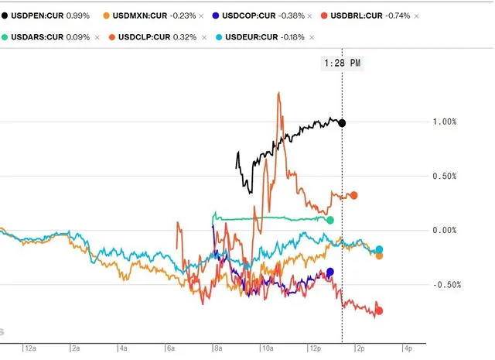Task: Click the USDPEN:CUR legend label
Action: pyautogui.click(x=43, y=15)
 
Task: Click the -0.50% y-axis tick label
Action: pyautogui.click(x=446, y=285)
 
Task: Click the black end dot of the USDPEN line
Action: pyautogui.click(x=343, y=123)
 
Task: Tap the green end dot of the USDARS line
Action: pyautogui.click(x=330, y=221)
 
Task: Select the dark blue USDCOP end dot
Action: pyautogui.click(x=330, y=272)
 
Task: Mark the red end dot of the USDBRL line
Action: pyautogui.click(x=379, y=311)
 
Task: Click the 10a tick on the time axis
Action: pyautogui.click(x=267, y=348)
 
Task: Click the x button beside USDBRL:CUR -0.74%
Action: pyautogui.click(x=417, y=15)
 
